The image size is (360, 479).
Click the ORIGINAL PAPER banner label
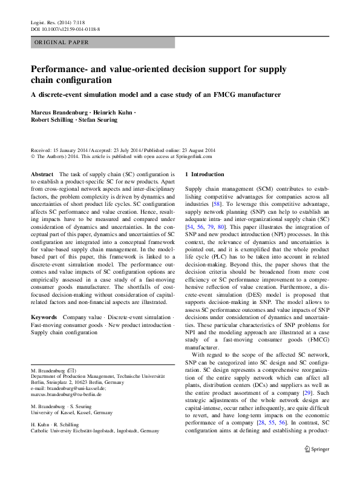(61, 42)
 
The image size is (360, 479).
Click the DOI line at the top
(65, 29)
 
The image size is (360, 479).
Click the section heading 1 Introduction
(208, 174)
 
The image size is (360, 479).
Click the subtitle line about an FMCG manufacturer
(156, 94)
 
